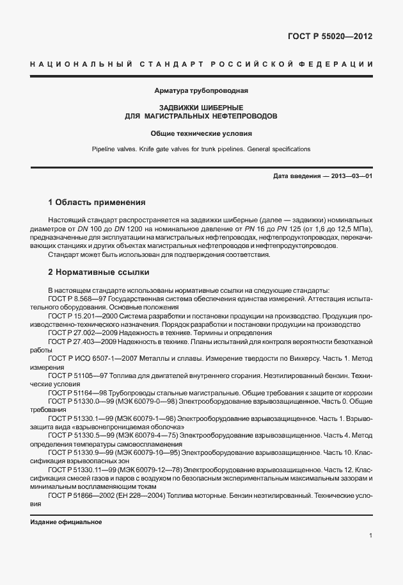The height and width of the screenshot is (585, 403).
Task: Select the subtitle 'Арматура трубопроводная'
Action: (x=201, y=91)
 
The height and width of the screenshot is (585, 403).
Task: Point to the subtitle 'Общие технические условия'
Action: (x=201, y=134)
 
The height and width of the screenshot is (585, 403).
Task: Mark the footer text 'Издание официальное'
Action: (x=67, y=522)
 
